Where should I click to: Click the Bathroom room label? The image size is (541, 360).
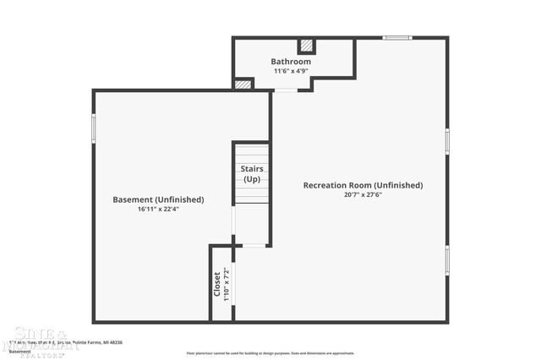coord(291,62)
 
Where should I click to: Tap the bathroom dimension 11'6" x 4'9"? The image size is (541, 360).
coord(291,71)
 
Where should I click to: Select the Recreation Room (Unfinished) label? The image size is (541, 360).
coord(363,185)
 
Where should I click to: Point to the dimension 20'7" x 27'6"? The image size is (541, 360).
coord(363,194)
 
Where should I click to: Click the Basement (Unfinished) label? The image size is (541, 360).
coord(158,199)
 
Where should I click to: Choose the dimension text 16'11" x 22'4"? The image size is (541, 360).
coord(158,209)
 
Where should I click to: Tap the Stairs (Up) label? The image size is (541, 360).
coord(252,174)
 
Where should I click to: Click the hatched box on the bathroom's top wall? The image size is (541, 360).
coord(307,46)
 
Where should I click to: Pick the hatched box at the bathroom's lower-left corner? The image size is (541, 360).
coord(243,85)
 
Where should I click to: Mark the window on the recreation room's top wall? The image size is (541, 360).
coord(396,38)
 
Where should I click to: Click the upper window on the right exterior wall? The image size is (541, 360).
coord(446,140)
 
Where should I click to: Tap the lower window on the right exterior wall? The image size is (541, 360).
coord(446,260)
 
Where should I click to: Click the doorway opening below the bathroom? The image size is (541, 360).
coord(286,90)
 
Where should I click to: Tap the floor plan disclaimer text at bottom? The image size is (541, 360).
coord(270,353)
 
